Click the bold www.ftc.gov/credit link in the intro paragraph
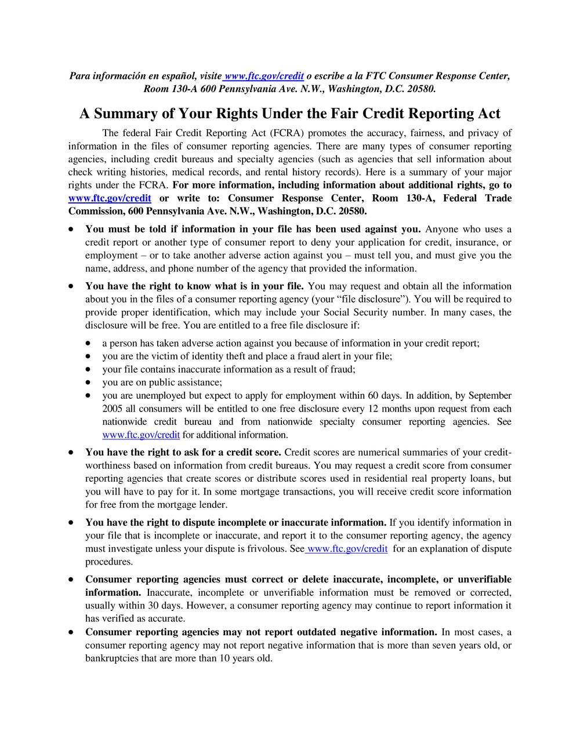[110, 198]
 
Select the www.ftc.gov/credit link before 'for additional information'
[141, 435]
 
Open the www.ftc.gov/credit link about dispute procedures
[347, 548]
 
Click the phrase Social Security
[393, 312]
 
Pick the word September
[490, 395]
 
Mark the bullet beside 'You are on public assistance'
[88, 383]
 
